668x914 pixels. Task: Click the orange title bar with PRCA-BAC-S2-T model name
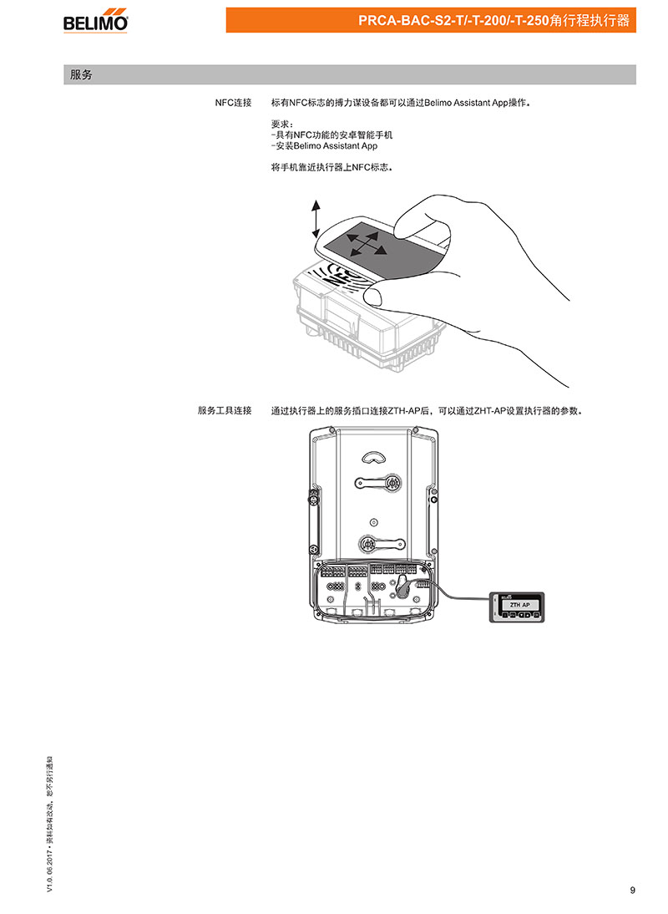[x=431, y=20]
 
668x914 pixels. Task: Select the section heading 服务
[x=81, y=74]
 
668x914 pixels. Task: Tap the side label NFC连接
[x=233, y=103]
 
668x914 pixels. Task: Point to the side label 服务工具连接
[x=225, y=410]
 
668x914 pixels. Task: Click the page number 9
[x=632, y=890]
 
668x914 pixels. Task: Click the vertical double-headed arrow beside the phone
[x=316, y=218]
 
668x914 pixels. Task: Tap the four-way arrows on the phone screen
[x=365, y=244]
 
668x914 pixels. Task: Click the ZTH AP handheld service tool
[x=517, y=607]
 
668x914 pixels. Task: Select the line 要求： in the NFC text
[x=282, y=124]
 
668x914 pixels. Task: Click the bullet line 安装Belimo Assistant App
[x=324, y=145]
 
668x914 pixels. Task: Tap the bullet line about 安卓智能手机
[x=332, y=135]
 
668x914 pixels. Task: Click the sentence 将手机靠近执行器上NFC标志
[x=332, y=167]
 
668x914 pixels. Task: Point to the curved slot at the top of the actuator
[x=373, y=457]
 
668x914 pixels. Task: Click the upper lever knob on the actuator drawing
[x=393, y=483]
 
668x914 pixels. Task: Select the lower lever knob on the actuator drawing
[x=367, y=544]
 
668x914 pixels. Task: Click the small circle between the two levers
[x=373, y=521]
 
